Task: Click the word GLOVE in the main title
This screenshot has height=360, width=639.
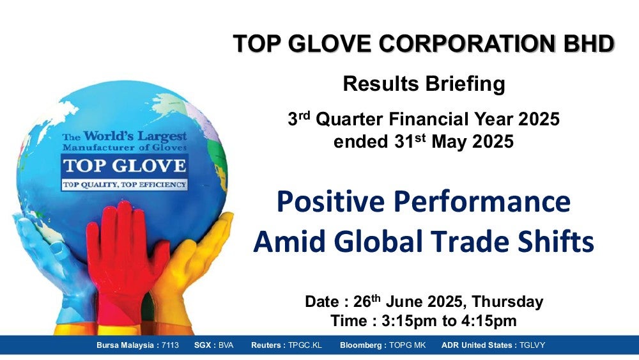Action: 331,43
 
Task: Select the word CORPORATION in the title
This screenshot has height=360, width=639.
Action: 467,43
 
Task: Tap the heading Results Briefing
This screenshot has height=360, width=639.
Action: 424,84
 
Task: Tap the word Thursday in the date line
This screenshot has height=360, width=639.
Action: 507,302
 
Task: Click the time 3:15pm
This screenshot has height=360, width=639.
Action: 409,321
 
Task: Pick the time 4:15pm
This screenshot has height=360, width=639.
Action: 489,321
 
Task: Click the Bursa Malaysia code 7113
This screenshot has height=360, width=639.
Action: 170,345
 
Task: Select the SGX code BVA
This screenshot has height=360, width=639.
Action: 226,345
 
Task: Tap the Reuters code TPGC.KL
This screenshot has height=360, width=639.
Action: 305,345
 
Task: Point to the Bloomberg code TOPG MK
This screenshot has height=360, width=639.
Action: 407,345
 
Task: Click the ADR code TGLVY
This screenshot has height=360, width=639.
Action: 532,345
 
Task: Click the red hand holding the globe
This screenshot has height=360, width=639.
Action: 125,261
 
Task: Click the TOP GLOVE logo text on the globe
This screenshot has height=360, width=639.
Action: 125,166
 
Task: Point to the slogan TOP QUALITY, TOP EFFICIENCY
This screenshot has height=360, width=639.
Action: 125,185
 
